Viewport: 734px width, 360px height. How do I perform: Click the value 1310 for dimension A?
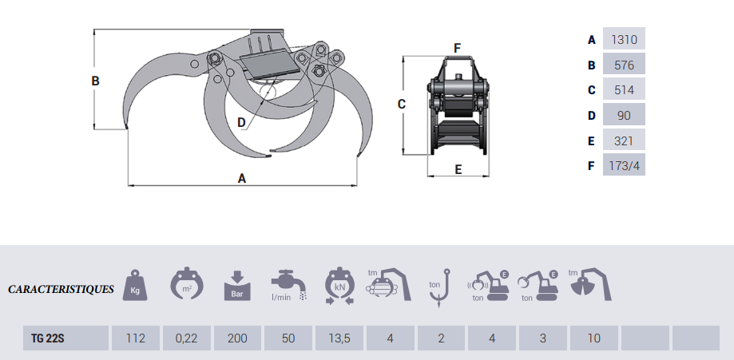[x=624, y=39]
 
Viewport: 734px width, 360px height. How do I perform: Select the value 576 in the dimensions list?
[x=624, y=65]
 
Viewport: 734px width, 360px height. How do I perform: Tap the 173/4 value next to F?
[x=624, y=166]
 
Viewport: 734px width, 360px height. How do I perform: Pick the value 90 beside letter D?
[x=624, y=115]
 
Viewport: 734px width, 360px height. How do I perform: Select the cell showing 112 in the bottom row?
[x=135, y=338]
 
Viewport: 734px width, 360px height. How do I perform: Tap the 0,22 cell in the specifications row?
[x=186, y=338]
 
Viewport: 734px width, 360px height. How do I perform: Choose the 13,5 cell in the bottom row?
[x=339, y=338]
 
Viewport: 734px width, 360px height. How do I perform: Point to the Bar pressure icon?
[x=237, y=286]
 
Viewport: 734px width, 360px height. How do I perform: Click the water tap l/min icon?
[x=288, y=286]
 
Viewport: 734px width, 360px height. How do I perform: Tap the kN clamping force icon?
[x=339, y=286]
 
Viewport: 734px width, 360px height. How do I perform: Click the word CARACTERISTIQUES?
[x=61, y=289]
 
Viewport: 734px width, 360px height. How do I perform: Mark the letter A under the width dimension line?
[x=242, y=179]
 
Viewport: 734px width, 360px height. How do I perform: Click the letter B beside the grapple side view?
[x=95, y=81]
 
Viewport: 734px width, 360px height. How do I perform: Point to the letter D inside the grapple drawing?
[x=242, y=121]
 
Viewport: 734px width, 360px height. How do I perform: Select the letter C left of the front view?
[x=402, y=104]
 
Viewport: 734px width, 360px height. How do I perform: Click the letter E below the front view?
[x=458, y=169]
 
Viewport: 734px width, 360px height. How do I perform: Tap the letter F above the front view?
[x=457, y=48]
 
